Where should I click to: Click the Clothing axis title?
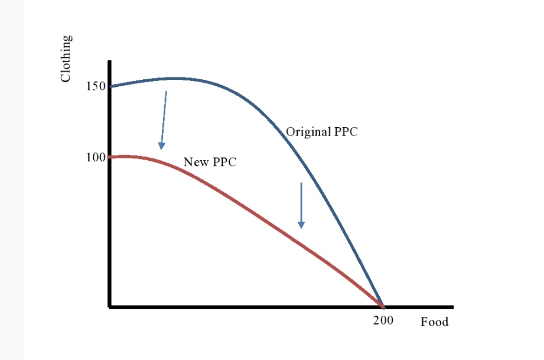click(67, 58)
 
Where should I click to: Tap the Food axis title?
click(434, 322)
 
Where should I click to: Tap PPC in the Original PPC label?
click(346, 132)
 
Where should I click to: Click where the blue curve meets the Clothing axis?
click(110, 87)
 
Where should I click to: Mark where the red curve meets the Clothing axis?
click(110, 157)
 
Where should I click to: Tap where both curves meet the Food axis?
click(383, 306)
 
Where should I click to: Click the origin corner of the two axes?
click(110, 307)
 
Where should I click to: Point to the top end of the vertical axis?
click(109, 61)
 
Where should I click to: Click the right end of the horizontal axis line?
click(452, 307)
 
